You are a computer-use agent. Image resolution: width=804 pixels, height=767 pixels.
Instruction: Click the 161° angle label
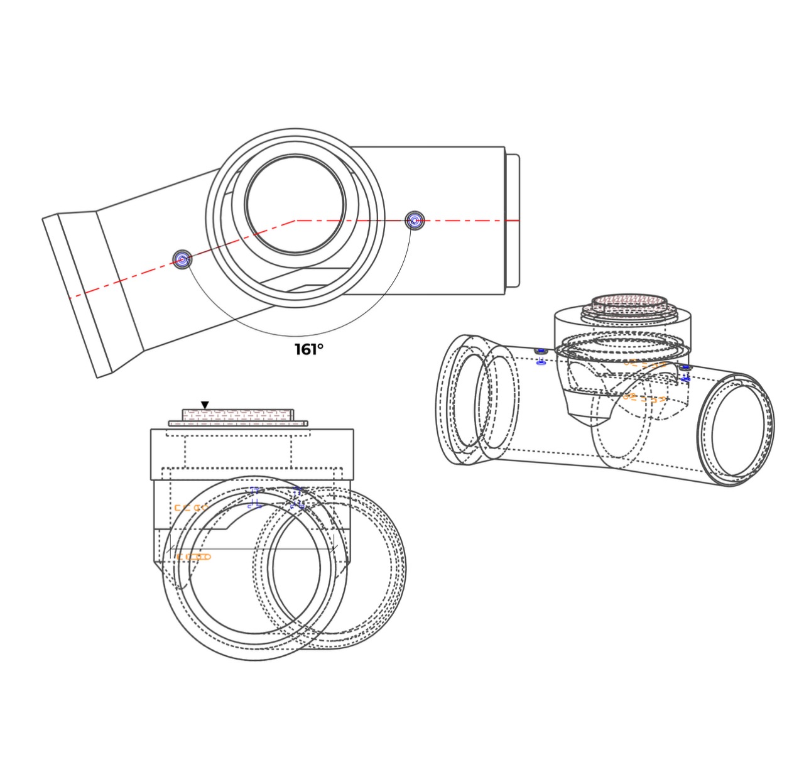click(309, 349)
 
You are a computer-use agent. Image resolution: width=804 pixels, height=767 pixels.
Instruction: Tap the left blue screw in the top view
click(182, 259)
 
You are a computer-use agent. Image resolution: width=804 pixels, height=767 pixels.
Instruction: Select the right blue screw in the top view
click(415, 221)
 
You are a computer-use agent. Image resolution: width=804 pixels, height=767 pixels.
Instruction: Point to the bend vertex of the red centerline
click(296, 221)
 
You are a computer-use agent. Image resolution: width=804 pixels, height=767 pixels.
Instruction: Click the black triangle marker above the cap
click(205, 405)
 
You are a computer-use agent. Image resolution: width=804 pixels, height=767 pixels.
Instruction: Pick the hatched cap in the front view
click(238, 415)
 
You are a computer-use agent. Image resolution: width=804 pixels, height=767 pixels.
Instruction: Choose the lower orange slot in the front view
click(194, 557)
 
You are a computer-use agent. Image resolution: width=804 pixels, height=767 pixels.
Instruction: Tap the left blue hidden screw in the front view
click(255, 498)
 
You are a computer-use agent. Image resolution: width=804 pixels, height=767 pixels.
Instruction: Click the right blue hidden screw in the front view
click(298, 498)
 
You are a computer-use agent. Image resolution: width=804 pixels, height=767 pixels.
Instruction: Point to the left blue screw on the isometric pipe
click(541, 356)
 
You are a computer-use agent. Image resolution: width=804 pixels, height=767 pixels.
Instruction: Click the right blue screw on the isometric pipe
click(686, 373)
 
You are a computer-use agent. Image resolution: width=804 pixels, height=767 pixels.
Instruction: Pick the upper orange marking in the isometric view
click(645, 363)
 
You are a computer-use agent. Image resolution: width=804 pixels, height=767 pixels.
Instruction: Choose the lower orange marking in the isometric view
click(644, 397)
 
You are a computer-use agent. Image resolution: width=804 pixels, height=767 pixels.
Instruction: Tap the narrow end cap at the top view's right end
click(513, 220)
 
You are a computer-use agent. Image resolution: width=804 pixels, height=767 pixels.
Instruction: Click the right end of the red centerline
click(519, 221)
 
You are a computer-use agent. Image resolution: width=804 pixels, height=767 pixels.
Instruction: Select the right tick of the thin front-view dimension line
click(335, 547)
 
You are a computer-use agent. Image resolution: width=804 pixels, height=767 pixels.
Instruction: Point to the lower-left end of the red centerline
click(70, 298)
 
